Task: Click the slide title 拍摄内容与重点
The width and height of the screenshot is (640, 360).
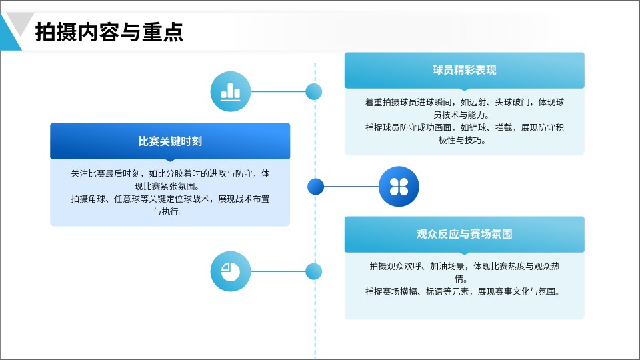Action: [109, 32]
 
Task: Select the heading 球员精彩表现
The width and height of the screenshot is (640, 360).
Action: [465, 70]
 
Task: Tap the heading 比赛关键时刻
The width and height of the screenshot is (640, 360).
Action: [170, 141]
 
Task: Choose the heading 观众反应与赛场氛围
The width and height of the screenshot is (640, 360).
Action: [465, 234]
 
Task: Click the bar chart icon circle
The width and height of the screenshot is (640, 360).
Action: [231, 91]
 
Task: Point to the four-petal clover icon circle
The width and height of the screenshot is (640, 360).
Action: [399, 187]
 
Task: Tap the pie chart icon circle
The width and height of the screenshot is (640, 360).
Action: [231, 271]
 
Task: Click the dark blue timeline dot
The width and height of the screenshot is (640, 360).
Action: [315, 187]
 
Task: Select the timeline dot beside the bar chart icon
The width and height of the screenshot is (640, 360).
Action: [314, 91]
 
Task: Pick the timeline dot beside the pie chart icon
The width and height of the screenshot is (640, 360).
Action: [314, 271]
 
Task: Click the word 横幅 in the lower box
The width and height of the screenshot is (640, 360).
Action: [409, 292]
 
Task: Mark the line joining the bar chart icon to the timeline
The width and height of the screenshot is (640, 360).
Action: [279, 91]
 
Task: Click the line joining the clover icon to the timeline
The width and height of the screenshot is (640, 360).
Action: [351, 187]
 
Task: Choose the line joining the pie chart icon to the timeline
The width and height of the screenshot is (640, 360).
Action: [279, 271]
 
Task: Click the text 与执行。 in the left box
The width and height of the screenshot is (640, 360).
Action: [168, 212]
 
